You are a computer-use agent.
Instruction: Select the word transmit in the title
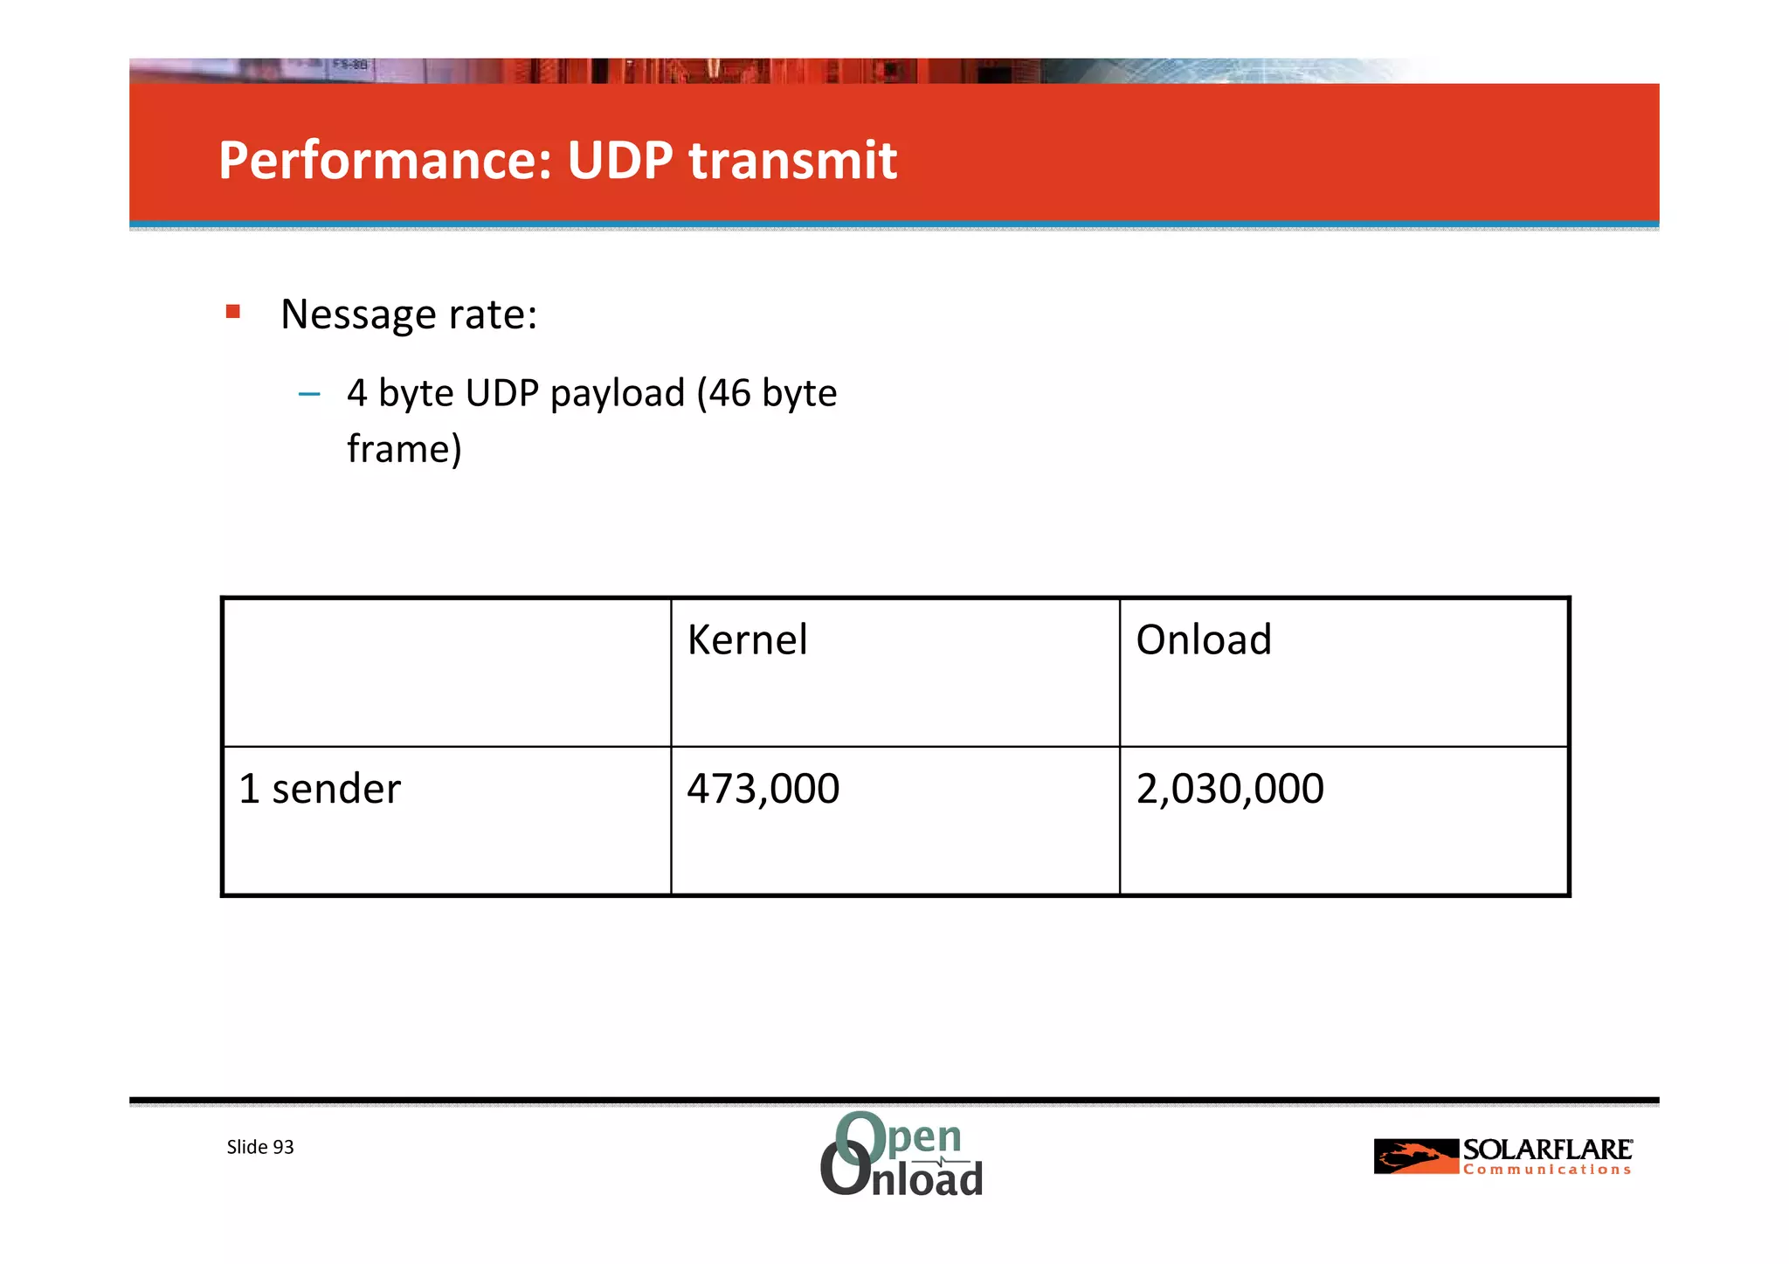coord(792,161)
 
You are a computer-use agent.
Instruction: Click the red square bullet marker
coord(232,312)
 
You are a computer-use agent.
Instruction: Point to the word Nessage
coord(355,314)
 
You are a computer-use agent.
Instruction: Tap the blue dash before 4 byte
coord(309,394)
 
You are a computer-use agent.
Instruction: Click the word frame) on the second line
coord(404,449)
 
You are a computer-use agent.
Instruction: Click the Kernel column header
coord(747,639)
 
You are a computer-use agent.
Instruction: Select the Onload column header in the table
coord(1203,639)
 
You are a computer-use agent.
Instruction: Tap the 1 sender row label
coord(320,789)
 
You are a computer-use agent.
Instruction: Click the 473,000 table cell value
coord(763,789)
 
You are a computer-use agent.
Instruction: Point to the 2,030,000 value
coord(1229,789)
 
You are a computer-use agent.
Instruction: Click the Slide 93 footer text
coord(260,1147)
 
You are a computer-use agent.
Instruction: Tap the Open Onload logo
coord(901,1154)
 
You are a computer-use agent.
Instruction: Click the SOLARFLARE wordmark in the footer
coord(1547,1150)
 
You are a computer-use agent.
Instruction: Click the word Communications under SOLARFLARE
coord(1547,1170)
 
